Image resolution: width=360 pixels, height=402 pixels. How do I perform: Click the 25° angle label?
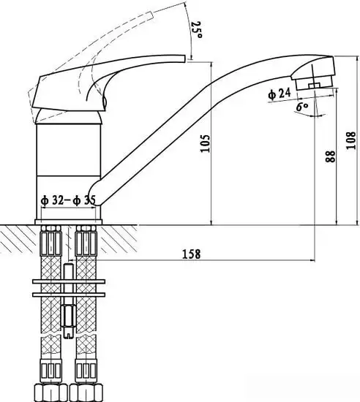pyautogui.click(x=197, y=30)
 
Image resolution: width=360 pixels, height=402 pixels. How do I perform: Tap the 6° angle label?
pyautogui.click(x=302, y=107)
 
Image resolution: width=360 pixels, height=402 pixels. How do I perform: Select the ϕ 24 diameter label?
pyautogui.click(x=280, y=94)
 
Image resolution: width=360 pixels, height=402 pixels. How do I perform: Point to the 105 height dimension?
pyautogui.click(x=205, y=143)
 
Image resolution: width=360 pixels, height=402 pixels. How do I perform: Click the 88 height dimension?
pyautogui.click(x=330, y=156)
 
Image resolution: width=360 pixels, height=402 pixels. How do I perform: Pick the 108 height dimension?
pyautogui.click(x=350, y=140)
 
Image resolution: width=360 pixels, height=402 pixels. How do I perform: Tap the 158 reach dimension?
pyautogui.click(x=191, y=254)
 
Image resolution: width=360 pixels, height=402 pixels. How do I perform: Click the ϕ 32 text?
pyautogui.click(x=52, y=200)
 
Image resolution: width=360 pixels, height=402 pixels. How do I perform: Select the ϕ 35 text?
pyautogui.click(x=84, y=200)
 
